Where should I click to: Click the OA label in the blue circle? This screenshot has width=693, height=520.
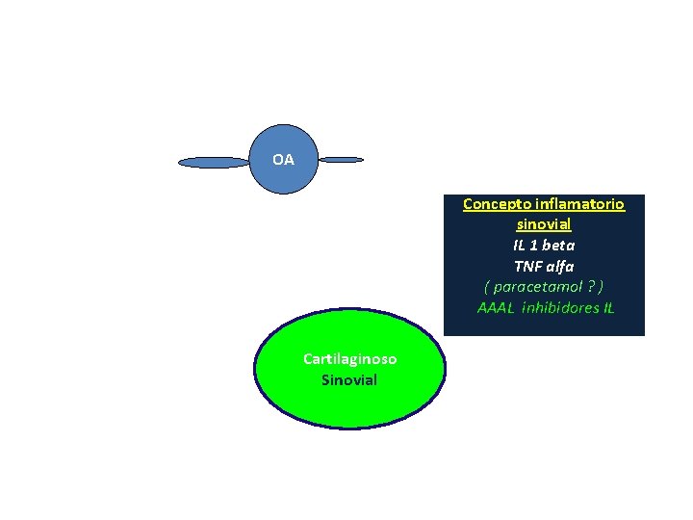pyautogui.click(x=283, y=160)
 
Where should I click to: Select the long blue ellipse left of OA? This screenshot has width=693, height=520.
pyautogui.click(x=214, y=163)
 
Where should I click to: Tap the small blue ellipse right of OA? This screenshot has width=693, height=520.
pyautogui.click(x=341, y=160)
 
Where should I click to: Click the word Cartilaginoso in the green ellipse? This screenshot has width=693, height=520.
pyautogui.click(x=349, y=359)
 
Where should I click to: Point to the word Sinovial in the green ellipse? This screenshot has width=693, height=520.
pyautogui.click(x=349, y=379)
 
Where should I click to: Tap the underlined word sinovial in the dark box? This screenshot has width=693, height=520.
pyautogui.click(x=544, y=224)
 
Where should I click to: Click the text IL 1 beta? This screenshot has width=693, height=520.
pyautogui.click(x=544, y=246)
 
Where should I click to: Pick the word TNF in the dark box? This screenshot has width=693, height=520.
pyautogui.click(x=527, y=266)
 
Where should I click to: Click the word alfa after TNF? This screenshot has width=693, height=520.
pyautogui.click(x=561, y=266)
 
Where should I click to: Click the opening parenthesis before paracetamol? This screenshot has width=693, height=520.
pyautogui.click(x=487, y=287)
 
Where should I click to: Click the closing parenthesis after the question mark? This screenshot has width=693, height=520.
pyautogui.click(x=601, y=287)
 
